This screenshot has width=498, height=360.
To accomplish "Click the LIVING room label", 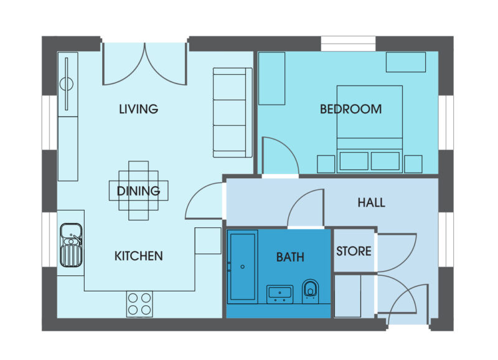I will (x=138, y=109).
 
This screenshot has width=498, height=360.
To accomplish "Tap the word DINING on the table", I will (x=138, y=191).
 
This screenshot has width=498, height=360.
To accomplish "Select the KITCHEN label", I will (x=138, y=256).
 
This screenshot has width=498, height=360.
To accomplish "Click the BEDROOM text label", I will (x=350, y=109).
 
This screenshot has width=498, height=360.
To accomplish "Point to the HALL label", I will (x=371, y=202).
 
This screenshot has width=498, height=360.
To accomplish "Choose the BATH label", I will (x=290, y=256).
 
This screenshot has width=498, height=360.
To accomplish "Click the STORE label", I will (x=354, y=252).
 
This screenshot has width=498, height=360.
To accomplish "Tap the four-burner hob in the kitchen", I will (x=139, y=304).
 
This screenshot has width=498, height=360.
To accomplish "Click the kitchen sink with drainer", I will (x=72, y=244).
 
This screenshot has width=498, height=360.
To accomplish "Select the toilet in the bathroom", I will (x=310, y=290).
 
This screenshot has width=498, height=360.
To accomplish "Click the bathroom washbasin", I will (x=280, y=293).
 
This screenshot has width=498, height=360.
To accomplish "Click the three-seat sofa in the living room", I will (x=232, y=112).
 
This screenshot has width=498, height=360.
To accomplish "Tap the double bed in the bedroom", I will (x=369, y=128).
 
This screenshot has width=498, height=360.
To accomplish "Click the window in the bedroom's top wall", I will (x=348, y=44).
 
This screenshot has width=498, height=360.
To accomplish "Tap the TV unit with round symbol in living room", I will (x=67, y=84).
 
